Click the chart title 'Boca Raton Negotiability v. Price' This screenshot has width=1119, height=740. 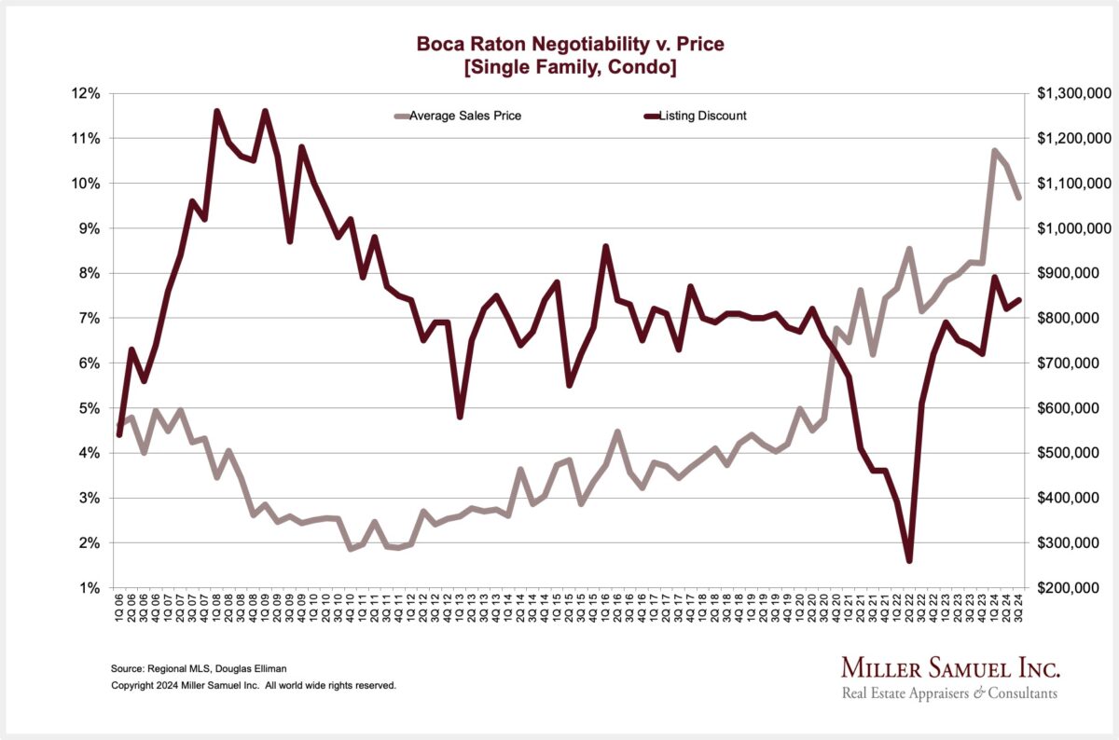[559, 44]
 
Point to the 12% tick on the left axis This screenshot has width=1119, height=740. [86, 93]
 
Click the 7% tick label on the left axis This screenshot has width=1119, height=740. [90, 318]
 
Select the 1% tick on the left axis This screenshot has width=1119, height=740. [90, 588]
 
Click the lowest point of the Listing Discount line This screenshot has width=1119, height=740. [909, 560]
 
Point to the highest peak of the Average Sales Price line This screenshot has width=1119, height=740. [995, 150]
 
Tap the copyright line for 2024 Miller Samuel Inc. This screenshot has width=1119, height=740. [254, 685]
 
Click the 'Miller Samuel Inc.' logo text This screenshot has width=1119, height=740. [950, 668]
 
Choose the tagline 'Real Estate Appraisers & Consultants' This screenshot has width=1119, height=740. [949, 693]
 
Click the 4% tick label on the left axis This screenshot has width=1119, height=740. [90, 453]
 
